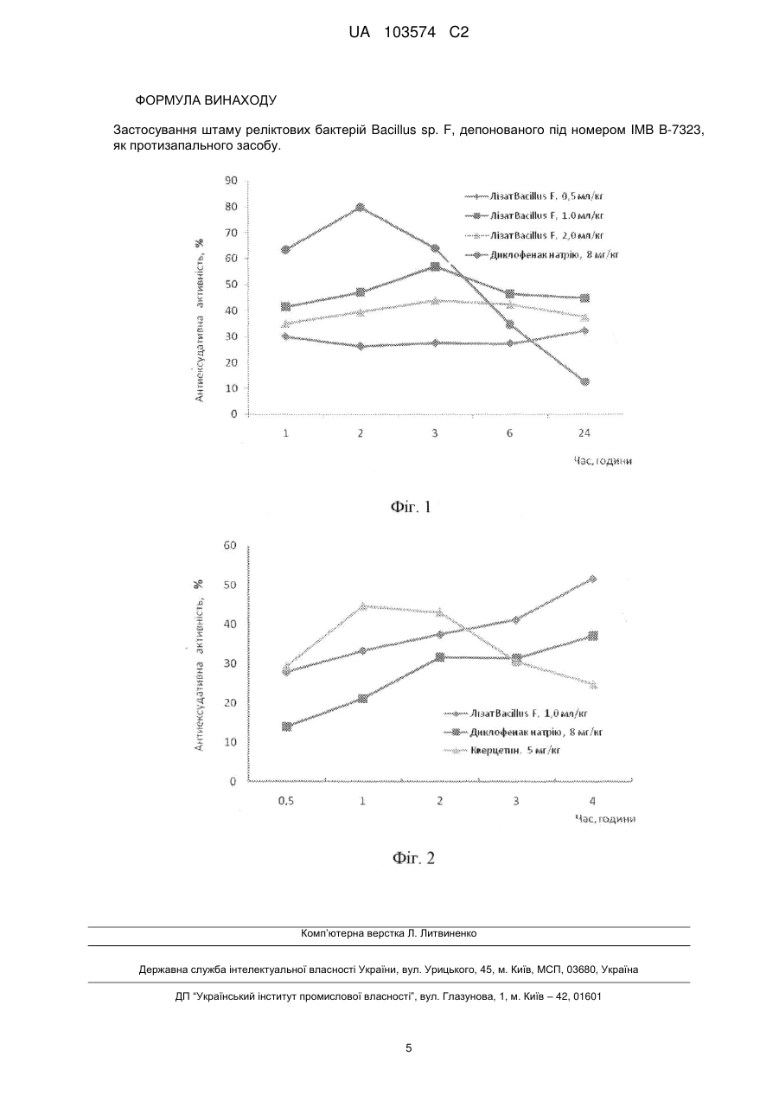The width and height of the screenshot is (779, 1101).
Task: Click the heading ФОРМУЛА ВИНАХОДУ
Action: [206, 100]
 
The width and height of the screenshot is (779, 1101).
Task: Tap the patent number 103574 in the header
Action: [410, 33]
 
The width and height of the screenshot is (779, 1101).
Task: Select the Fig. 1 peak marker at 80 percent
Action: [361, 207]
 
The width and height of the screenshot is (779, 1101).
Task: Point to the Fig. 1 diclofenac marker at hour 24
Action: [584, 381]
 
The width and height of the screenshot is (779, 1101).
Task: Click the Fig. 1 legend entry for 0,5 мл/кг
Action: [533, 196]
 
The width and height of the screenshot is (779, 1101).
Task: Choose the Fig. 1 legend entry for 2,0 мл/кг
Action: [533, 235]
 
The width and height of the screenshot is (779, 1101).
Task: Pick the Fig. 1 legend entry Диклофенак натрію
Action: [541, 254]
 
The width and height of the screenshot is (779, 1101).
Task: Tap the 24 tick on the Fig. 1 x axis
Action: [584, 433]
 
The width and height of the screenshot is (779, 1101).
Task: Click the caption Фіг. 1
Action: [411, 507]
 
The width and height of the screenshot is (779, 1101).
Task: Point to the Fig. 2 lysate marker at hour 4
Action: [593, 579]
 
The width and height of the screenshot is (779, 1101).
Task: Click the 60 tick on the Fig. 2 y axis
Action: [231, 545]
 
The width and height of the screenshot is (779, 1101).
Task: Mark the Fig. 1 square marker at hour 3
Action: [435, 267]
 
